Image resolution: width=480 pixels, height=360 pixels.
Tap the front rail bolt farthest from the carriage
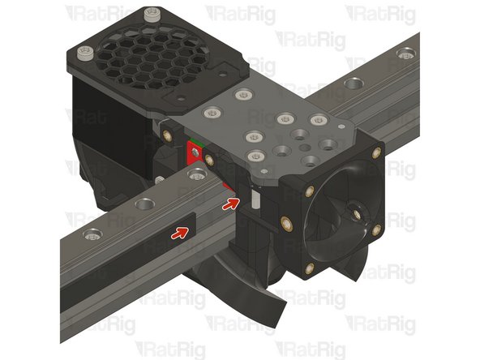click(x=91, y=236)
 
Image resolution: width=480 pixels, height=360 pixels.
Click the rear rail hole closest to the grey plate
click(x=354, y=84)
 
